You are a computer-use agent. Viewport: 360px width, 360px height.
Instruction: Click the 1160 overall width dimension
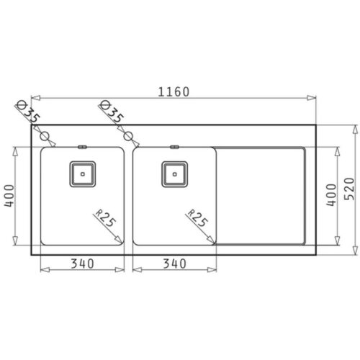point(174,92)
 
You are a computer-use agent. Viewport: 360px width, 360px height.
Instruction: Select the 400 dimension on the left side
point(9,196)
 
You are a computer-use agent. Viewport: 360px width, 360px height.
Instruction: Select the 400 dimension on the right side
point(331,195)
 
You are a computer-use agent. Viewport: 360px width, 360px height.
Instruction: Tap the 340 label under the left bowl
point(82,264)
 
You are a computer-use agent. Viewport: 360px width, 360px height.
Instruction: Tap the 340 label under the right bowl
point(174,264)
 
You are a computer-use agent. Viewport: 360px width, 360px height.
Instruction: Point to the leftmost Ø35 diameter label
point(28,111)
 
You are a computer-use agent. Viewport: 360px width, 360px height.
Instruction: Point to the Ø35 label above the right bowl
point(112,111)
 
